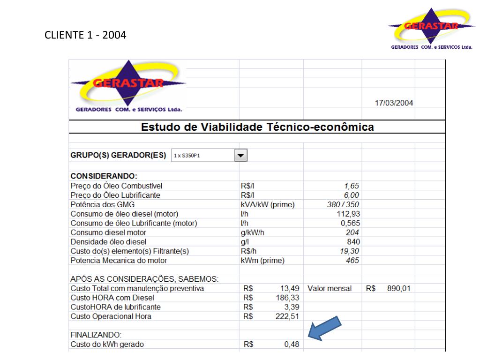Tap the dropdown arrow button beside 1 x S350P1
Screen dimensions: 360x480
click(241, 155)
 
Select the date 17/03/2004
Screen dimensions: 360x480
click(394, 103)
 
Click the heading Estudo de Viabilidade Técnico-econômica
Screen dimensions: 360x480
click(257, 127)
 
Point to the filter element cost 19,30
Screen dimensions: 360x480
click(350, 251)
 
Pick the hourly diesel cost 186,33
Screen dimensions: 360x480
click(288, 298)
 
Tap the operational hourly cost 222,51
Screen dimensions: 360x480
click(288, 316)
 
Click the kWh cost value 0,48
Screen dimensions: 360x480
click(292, 345)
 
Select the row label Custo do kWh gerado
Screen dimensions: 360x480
click(107, 345)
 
